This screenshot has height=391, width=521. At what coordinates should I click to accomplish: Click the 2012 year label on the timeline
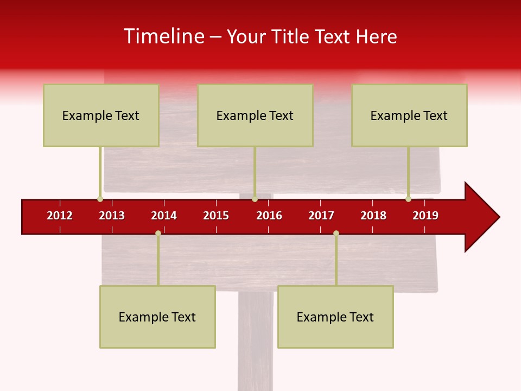click(x=60, y=216)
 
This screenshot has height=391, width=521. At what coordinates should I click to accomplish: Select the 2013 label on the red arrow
click(x=112, y=216)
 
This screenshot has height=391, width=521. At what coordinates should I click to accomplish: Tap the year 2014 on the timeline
click(x=164, y=216)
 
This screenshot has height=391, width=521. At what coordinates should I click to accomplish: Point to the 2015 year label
click(x=216, y=216)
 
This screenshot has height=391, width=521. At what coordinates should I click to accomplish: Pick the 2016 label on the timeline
click(x=269, y=216)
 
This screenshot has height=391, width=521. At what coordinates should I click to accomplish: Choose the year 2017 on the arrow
click(x=321, y=216)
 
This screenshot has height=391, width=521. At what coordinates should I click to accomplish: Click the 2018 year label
click(x=373, y=216)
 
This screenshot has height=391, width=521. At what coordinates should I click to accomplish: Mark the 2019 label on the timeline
click(x=425, y=216)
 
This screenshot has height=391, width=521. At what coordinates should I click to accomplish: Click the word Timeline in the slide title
click(x=164, y=36)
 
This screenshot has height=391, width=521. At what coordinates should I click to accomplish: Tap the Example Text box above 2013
click(x=101, y=115)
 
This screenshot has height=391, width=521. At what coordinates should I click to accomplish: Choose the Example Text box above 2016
click(x=255, y=115)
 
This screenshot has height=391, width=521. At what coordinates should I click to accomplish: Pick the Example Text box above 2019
click(x=409, y=115)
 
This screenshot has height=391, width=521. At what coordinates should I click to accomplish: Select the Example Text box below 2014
click(x=157, y=317)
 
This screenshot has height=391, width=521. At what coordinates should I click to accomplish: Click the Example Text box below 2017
click(x=335, y=317)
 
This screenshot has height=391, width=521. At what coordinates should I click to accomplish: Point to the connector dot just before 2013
click(x=100, y=199)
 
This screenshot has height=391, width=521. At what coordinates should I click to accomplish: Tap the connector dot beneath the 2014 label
click(x=158, y=233)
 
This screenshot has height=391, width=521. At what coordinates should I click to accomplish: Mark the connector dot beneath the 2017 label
click(x=336, y=233)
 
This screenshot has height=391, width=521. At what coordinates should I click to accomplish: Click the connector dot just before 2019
click(x=408, y=199)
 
